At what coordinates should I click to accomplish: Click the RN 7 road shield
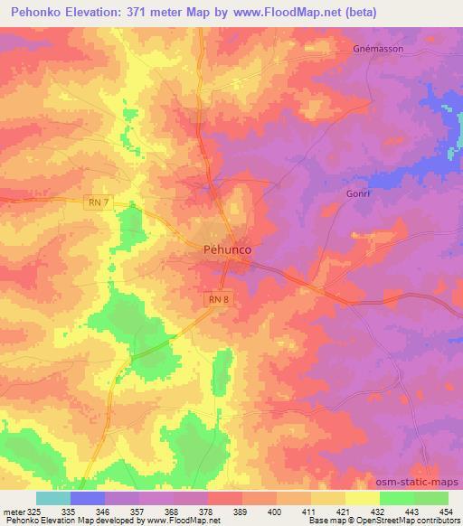(99, 204)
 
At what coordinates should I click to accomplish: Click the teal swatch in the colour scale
(53, 498)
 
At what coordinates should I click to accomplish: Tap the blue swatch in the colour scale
(88, 498)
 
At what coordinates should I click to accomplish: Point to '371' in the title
(155, 13)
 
